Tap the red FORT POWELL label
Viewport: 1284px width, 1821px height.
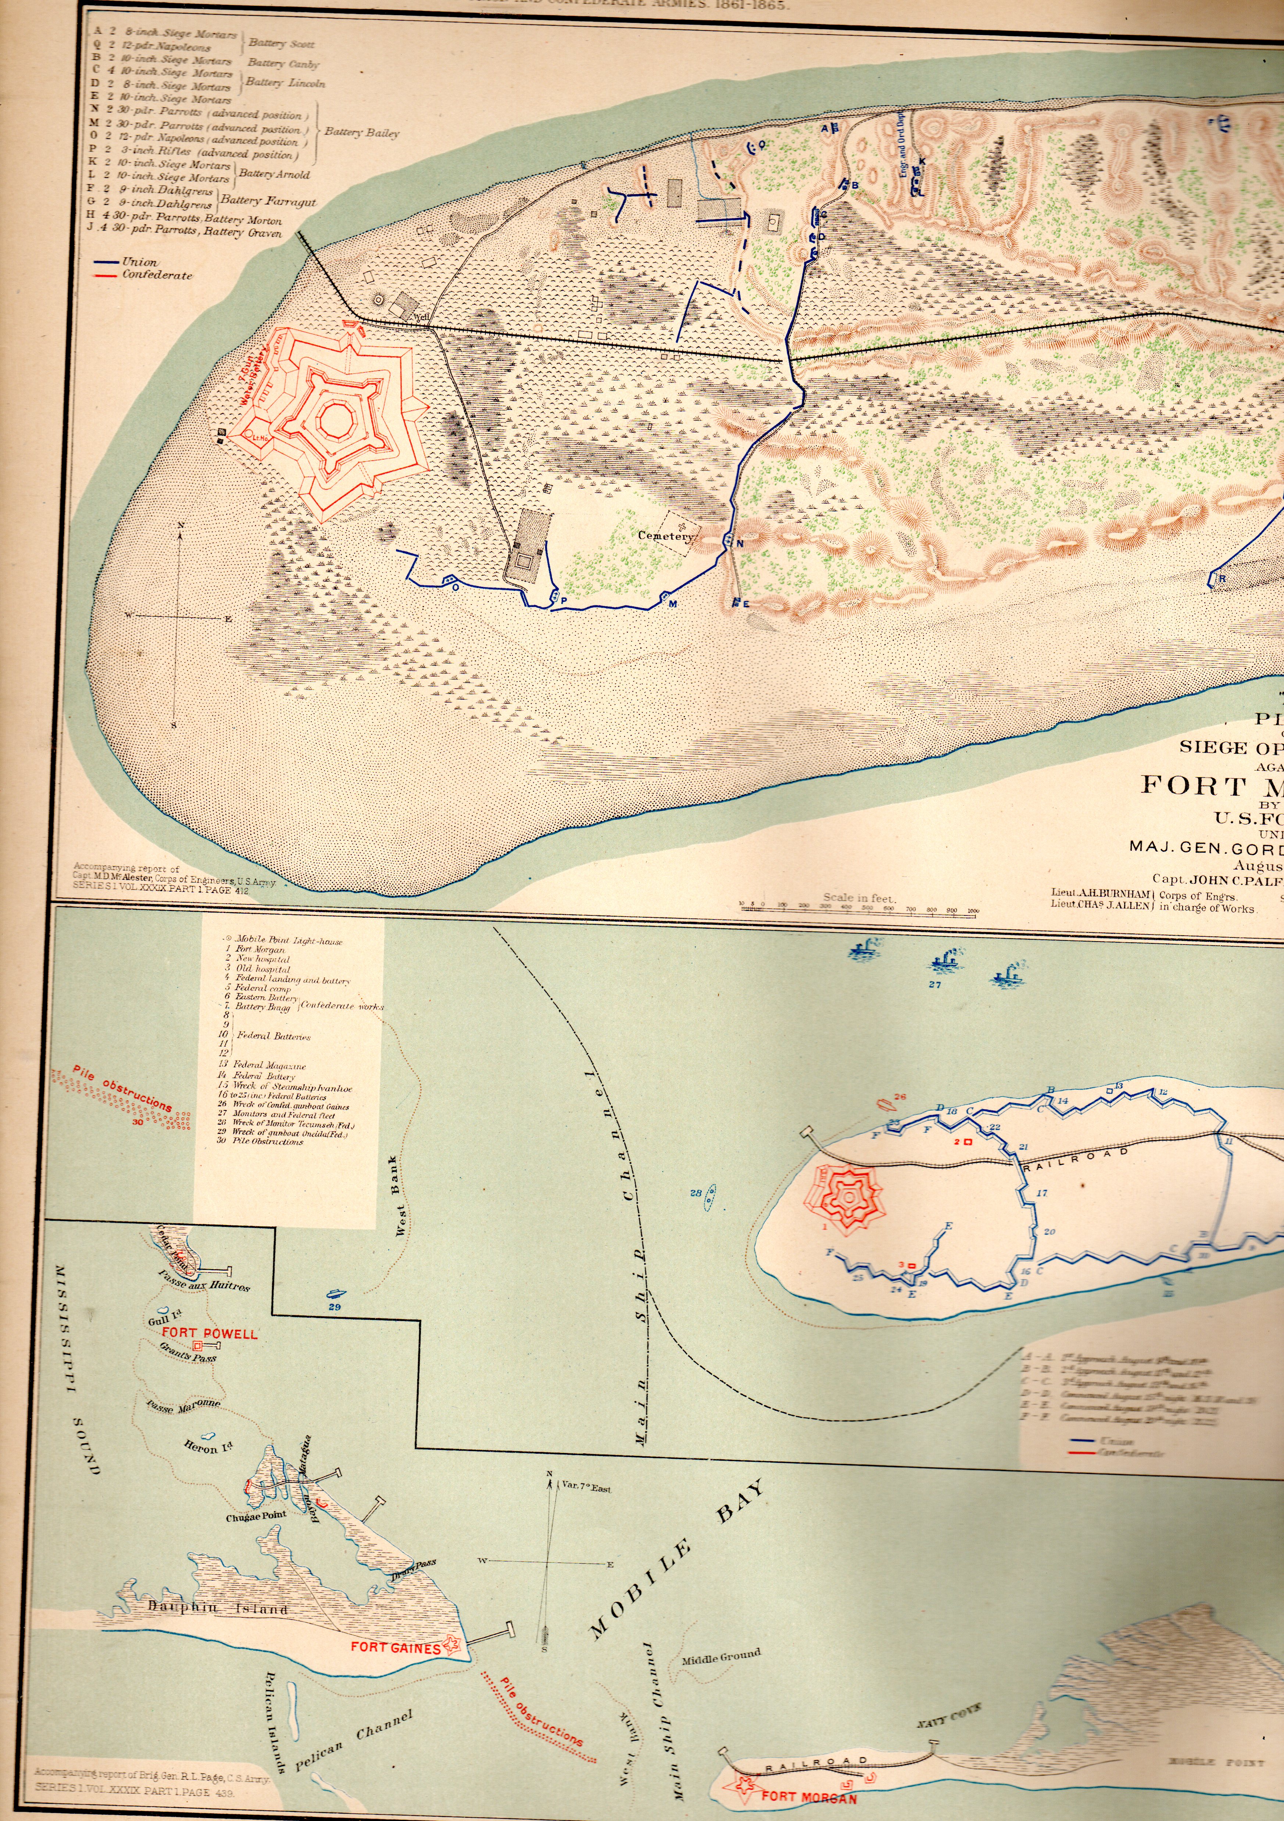(x=210, y=1333)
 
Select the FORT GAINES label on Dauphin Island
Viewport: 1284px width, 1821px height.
(x=395, y=1647)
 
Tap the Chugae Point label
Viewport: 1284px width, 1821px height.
(x=256, y=1517)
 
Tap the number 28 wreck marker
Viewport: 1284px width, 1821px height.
(x=695, y=1192)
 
